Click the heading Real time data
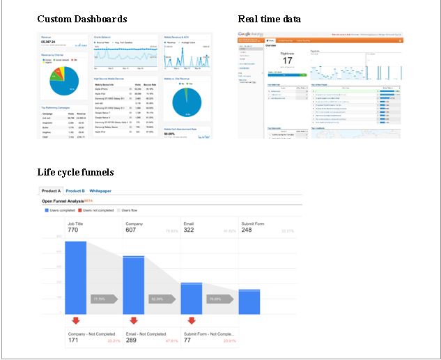(x=270, y=19)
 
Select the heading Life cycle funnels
(x=75, y=171)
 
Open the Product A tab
(x=51, y=191)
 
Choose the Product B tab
(x=75, y=191)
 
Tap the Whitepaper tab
(x=100, y=191)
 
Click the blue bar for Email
(x=192, y=298)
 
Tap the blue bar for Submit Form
(x=249, y=302)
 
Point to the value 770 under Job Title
(x=73, y=230)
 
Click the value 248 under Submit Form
(x=247, y=230)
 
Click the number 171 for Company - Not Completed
(x=74, y=341)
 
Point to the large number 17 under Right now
(x=287, y=61)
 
